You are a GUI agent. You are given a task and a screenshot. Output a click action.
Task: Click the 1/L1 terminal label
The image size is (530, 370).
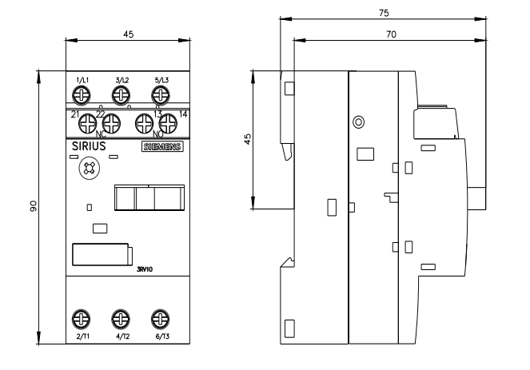82,80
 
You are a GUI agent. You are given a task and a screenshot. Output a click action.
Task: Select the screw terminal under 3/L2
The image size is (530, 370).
121,95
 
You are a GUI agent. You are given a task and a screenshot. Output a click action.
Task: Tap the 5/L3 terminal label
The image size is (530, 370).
161,80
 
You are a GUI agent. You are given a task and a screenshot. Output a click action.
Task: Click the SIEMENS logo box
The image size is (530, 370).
162,147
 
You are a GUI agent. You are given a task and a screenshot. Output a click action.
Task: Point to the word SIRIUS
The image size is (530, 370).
89,146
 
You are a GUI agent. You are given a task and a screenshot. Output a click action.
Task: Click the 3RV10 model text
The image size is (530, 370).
145,269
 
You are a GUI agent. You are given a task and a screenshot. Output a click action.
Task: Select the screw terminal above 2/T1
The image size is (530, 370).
81,319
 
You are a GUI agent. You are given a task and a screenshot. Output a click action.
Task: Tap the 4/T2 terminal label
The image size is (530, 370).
122,336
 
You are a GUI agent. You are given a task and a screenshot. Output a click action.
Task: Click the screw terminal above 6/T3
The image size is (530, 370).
160,319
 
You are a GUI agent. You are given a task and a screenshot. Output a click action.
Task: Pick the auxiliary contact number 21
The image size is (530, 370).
74,115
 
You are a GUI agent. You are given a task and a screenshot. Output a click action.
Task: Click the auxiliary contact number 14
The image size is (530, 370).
183,114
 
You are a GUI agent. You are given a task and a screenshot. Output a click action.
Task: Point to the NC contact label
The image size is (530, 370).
101,134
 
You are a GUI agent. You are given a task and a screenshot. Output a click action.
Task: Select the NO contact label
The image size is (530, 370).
157,134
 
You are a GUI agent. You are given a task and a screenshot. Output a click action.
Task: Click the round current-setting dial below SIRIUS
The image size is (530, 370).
90,168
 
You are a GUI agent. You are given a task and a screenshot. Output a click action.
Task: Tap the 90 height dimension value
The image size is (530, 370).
33,206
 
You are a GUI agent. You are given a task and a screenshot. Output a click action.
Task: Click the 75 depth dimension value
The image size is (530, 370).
384,13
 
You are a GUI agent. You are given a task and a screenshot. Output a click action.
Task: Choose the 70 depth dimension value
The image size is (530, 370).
391,34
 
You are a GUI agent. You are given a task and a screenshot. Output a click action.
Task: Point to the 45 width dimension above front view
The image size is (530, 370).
128,34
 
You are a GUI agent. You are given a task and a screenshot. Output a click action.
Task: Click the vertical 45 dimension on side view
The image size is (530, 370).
248,139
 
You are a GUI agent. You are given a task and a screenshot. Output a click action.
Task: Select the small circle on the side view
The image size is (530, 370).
358,121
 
